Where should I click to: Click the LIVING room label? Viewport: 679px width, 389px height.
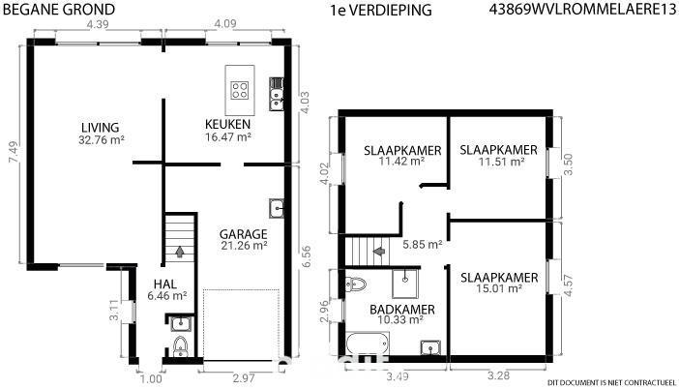click(100, 128)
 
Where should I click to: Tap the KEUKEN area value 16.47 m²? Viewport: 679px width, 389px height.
click(228, 137)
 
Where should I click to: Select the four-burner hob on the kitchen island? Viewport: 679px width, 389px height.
click(240, 91)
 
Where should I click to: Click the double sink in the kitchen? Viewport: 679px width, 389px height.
click(277, 94)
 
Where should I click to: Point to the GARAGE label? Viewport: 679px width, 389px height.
click(244, 234)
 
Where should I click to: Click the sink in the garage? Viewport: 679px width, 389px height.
click(277, 209)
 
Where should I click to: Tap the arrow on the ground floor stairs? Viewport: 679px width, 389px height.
click(179, 252)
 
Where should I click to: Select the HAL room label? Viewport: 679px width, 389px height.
click(165, 284)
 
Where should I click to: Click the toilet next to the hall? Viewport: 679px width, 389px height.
click(181, 347)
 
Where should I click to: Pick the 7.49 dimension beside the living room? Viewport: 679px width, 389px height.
click(14, 152)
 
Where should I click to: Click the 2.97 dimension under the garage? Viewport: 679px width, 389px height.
click(244, 378)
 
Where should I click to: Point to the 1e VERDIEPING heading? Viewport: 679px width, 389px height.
click(381, 10)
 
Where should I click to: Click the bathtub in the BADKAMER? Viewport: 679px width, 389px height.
click(368, 344)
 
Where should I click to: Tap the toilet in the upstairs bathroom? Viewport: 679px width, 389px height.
click(356, 284)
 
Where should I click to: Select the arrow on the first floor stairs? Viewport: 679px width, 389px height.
click(379, 251)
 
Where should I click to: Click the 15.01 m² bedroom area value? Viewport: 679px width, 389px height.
click(499, 288)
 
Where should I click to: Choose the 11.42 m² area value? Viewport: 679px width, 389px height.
click(401, 162)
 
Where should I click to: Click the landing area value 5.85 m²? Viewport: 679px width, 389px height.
click(423, 244)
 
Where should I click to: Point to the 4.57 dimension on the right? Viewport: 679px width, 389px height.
click(568, 285)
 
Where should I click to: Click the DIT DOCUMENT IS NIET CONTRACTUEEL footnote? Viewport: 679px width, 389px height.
click(611, 383)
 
